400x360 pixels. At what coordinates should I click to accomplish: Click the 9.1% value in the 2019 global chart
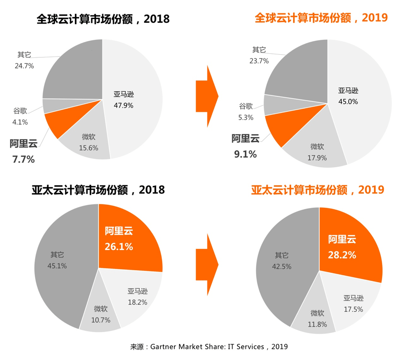tap(245, 154)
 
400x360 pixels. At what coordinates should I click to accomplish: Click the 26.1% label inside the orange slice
tap(119, 247)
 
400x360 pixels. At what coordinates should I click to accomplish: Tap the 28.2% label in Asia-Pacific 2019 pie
tap(342, 254)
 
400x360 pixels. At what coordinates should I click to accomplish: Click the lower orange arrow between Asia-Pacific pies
tap(206, 265)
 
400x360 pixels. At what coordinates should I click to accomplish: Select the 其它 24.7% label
tap(24, 66)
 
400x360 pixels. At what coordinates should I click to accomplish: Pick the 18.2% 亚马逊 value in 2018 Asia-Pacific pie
tap(137, 302)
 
